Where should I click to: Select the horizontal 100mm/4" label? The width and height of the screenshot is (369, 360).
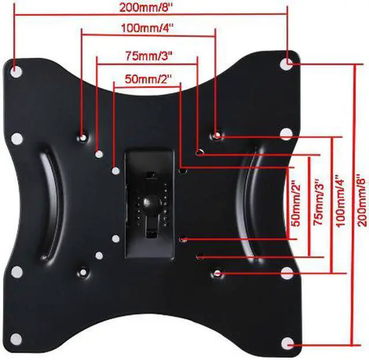click(x=148, y=28)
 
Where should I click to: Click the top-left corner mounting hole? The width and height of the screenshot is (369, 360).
click(x=16, y=70)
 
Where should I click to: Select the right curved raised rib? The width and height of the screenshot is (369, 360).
click(x=252, y=202)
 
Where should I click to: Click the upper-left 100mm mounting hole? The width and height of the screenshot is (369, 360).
click(x=84, y=137)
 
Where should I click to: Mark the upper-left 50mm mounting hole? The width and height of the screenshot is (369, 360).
click(x=116, y=171)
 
